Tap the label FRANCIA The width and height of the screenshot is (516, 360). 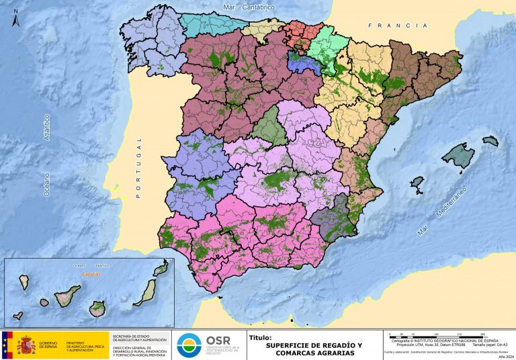coord(397,26)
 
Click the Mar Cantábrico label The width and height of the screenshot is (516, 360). coord(249,7)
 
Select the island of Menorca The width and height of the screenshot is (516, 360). coord(490,141)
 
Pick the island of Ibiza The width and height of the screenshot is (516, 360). coord(417,182)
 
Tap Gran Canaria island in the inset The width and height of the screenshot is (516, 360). coord(98,309)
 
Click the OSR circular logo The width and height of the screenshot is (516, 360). coord(189,345)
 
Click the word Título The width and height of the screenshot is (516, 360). coord(261,338)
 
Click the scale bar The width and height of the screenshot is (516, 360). coord(437,334)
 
